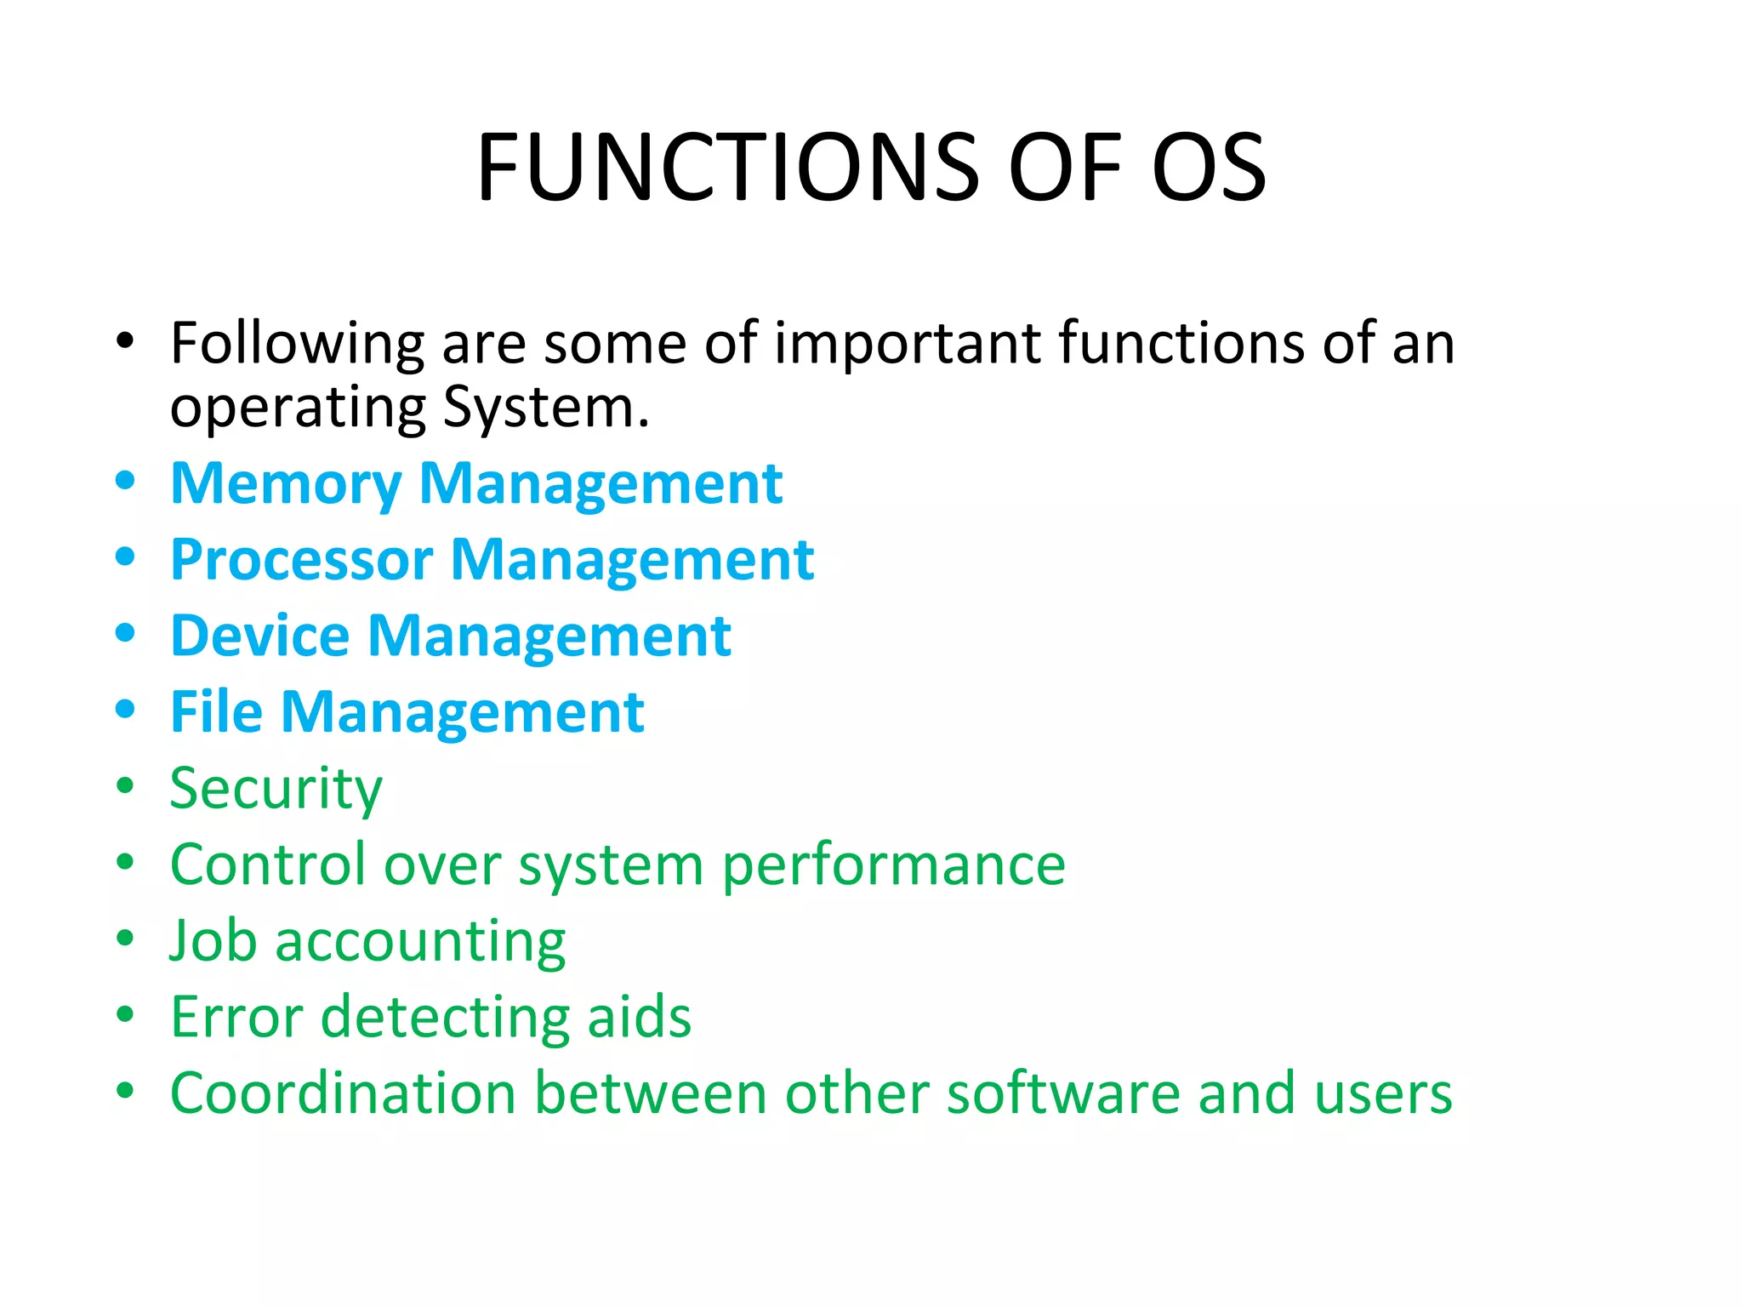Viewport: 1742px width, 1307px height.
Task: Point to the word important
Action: (x=907, y=345)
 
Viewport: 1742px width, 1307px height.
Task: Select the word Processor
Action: (x=301, y=560)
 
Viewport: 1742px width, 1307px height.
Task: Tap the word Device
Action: (x=259, y=636)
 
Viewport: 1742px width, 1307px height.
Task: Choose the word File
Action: (x=216, y=712)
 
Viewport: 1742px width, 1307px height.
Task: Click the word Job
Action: (x=213, y=941)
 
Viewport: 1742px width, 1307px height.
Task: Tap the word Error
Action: (x=236, y=1018)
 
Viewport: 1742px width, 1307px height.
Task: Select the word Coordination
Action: (x=343, y=1093)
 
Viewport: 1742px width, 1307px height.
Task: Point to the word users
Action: (x=1383, y=1093)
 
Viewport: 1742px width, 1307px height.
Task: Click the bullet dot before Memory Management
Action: (x=125, y=481)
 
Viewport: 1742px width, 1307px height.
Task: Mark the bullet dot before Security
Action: (x=125, y=785)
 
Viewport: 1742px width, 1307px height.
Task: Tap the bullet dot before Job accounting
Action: (x=125, y=939)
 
